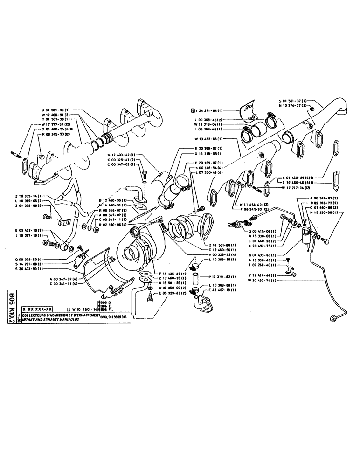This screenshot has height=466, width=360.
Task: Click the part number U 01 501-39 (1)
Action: (x=58, y=110)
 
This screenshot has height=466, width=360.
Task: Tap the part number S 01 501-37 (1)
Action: (x=295, y=100)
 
